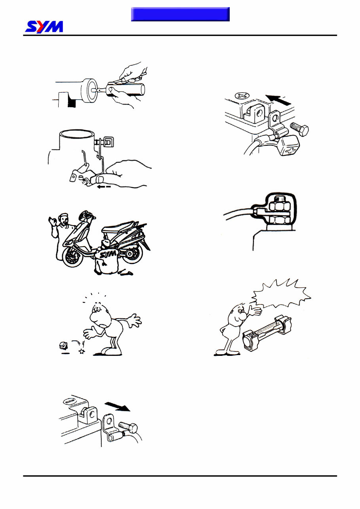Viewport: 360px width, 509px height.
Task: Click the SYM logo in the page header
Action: (x=44, y=27)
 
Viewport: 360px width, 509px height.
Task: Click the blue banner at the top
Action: (x=180, y=14)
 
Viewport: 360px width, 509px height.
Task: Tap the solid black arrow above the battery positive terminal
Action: (x=278, y=100)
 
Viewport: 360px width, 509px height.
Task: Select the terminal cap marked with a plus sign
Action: (x=288, y=146)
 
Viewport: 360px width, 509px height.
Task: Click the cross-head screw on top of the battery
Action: (x=242, y=96)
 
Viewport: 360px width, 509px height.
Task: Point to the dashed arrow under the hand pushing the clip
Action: (x=104, y=187)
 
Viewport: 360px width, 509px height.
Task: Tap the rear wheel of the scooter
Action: (x=132, y=253)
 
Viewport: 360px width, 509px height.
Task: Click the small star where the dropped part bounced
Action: (x=82, y=351)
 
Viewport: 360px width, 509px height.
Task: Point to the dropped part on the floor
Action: (x=63, y=346)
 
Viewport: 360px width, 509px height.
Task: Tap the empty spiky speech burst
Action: (x=281, y=293)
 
